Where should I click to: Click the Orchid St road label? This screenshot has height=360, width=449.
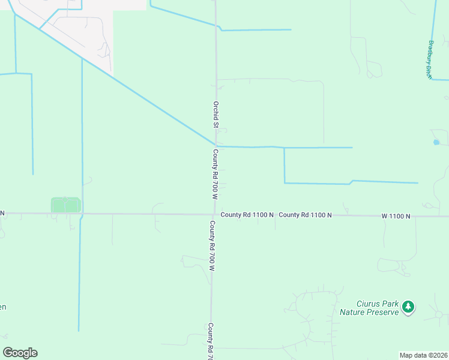(x=215, y=114)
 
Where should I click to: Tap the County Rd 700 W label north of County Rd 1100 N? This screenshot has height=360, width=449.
(x=214, y=175)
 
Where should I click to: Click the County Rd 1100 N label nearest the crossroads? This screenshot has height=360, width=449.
(x=247, y=214)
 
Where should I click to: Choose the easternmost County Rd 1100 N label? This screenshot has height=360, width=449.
(x=305, y=214)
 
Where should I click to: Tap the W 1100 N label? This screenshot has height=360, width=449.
(x=396, y=215)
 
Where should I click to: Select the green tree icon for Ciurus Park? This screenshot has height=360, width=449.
(x=408, y=307)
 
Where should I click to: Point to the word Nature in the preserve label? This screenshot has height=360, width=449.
(x=352, y=312)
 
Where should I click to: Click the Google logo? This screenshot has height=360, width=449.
(x=20, y=353)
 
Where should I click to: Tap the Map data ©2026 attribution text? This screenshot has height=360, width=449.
(x=423, y=355)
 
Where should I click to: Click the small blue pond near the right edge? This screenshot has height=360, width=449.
(x=436, y=142)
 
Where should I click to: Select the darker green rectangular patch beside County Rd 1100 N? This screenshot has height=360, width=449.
(x=65, y=205)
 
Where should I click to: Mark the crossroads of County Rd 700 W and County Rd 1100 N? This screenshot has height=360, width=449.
(x=214, y=214)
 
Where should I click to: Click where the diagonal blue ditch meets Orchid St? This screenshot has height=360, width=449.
(x=215, y=145)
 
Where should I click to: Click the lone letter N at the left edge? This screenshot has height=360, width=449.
(x=2, y=213)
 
